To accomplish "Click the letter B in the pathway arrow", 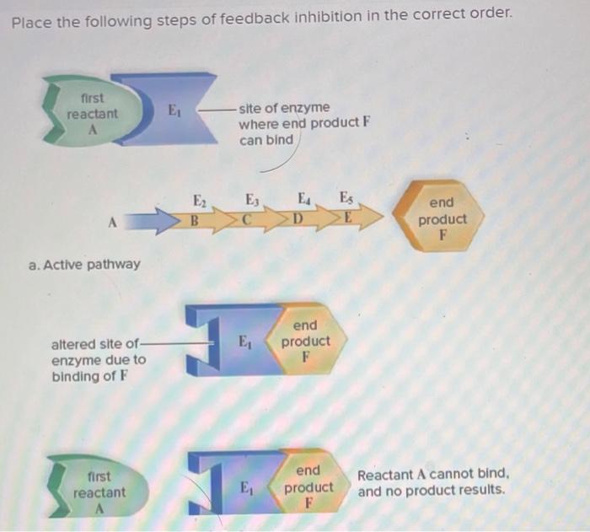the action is click(x=194, y=222).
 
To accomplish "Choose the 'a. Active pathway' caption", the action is click(x=84, y=264).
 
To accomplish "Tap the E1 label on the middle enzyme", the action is click(x=244, y=344).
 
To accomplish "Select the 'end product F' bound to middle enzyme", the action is click(x=305, y=341).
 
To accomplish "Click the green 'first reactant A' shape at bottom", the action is click(x=98, y=492).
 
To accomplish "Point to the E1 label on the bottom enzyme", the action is click(x=245, y=487).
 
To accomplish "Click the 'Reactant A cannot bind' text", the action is click(x=432, y=482).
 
